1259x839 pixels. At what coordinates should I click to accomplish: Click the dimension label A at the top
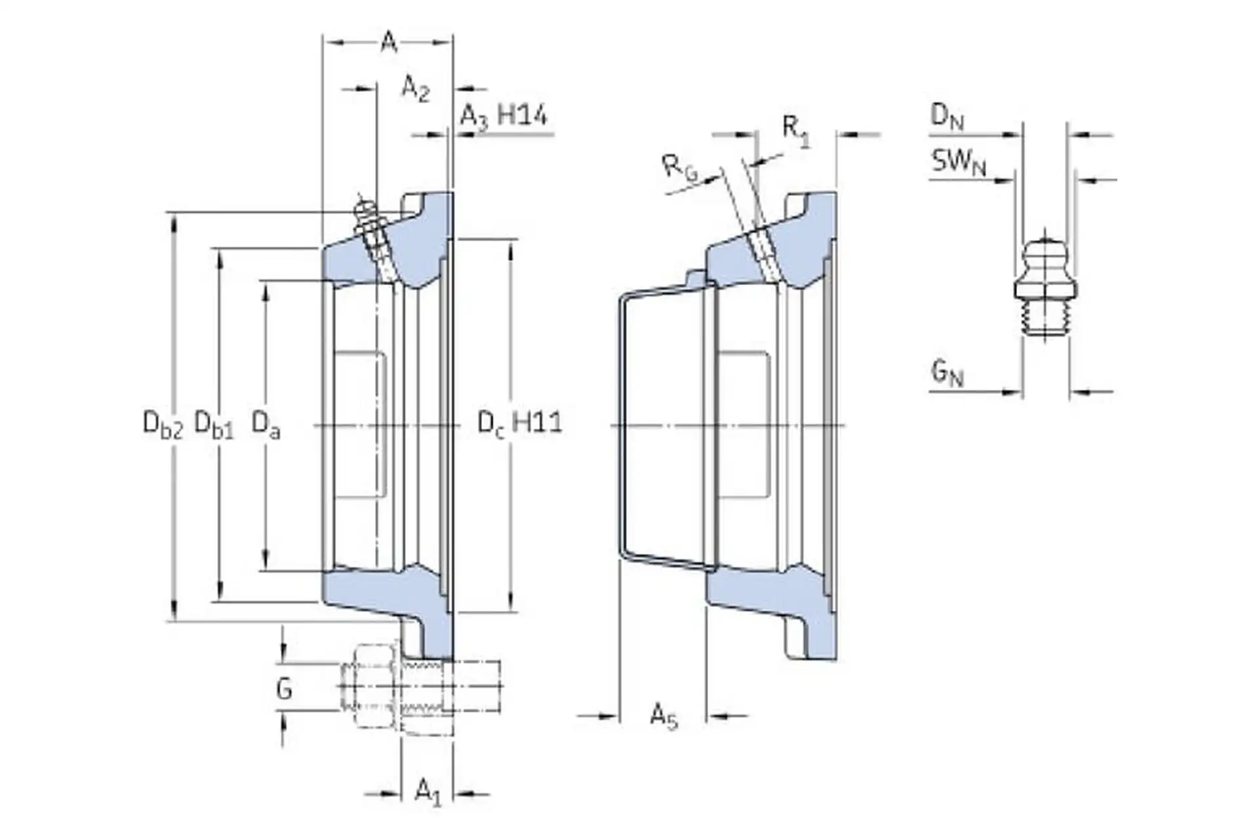tap(389, 43)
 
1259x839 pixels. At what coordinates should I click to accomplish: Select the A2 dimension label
tap(415, 88)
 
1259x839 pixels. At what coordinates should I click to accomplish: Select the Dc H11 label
tap(519, 423)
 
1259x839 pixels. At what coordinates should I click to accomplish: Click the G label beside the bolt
tap(284, 689)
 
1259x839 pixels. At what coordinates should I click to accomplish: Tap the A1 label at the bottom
tap(428, 791)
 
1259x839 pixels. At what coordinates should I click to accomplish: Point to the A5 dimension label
tap(663, 715)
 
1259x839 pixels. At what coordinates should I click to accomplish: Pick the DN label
tap(947, 117)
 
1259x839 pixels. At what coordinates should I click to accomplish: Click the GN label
tap(947, 374)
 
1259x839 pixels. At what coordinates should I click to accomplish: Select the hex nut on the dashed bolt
tap(373, 686)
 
